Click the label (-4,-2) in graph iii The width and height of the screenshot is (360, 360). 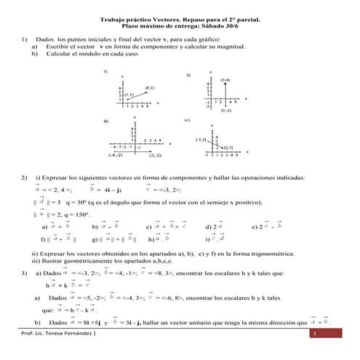pyautogui.click(x=116, y=156)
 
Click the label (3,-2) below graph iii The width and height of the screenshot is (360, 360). pyautogui.click(x=155, y=156)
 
